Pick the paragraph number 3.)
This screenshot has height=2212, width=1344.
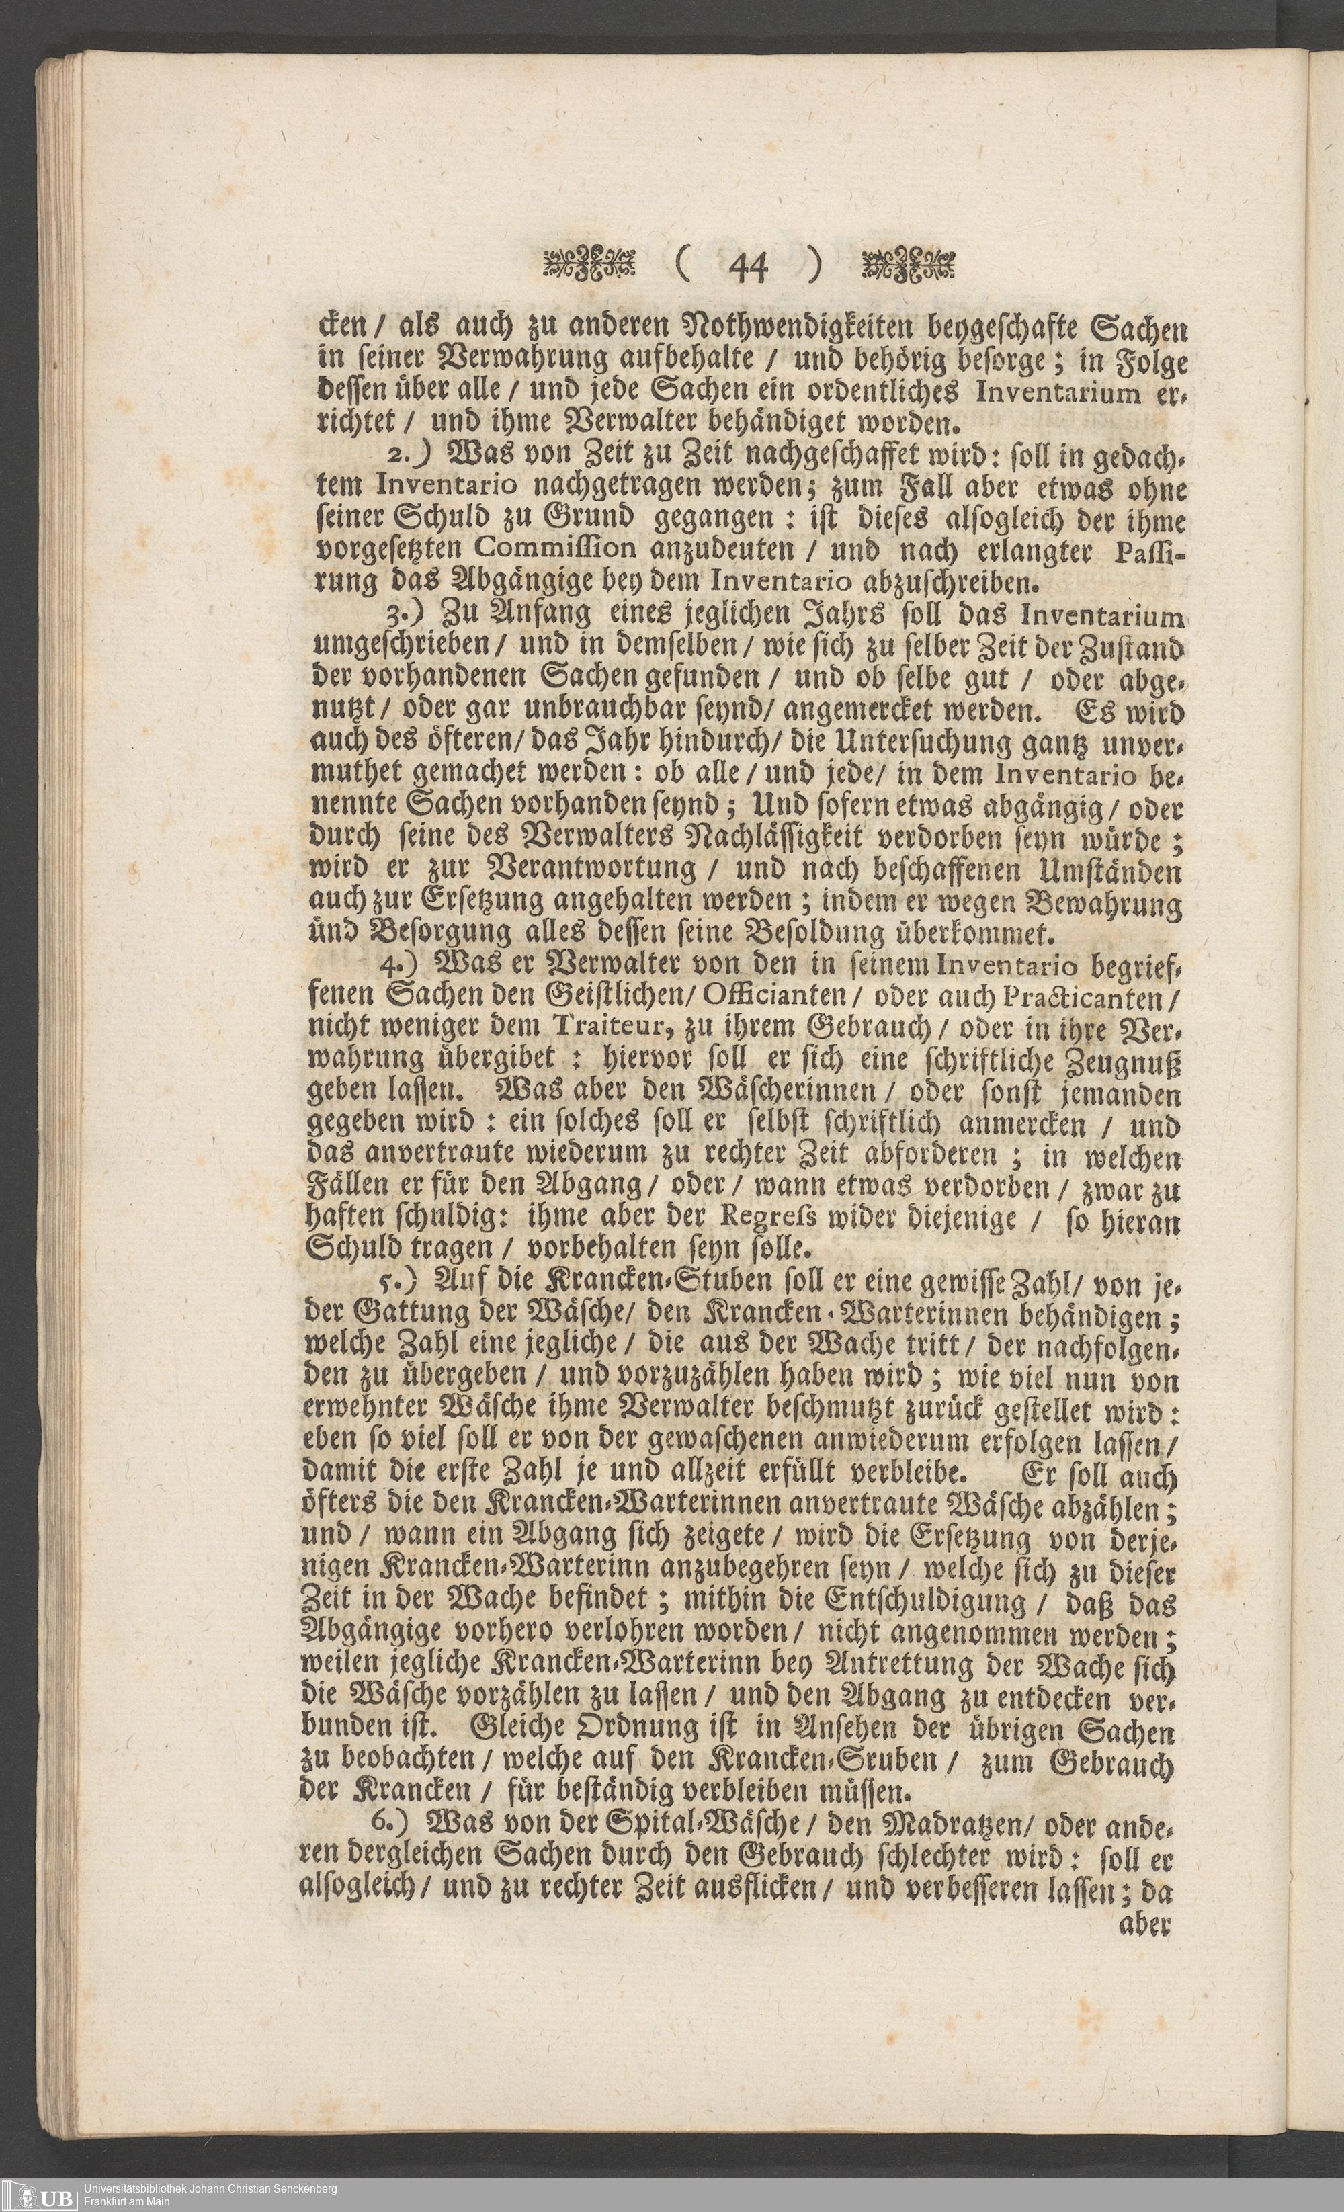click(406, 618)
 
